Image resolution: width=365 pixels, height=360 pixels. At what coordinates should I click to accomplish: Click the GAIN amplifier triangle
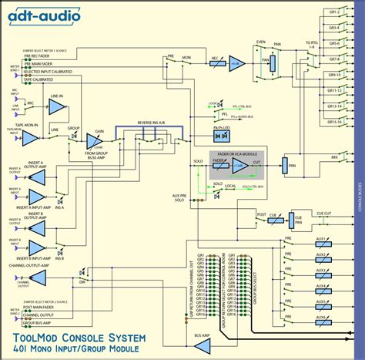[x=99, y=141]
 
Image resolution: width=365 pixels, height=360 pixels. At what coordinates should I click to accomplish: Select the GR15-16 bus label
[x=333, y=123]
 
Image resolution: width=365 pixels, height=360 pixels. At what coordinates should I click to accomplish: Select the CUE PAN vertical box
[x=295, y=220]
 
